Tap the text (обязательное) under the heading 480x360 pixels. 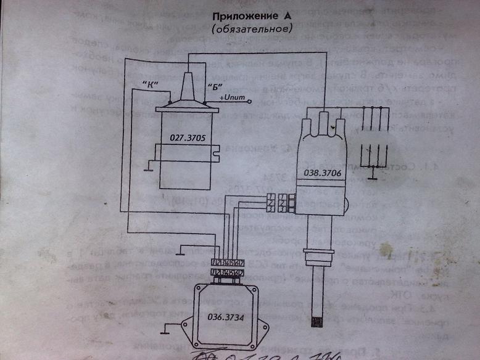251,28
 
